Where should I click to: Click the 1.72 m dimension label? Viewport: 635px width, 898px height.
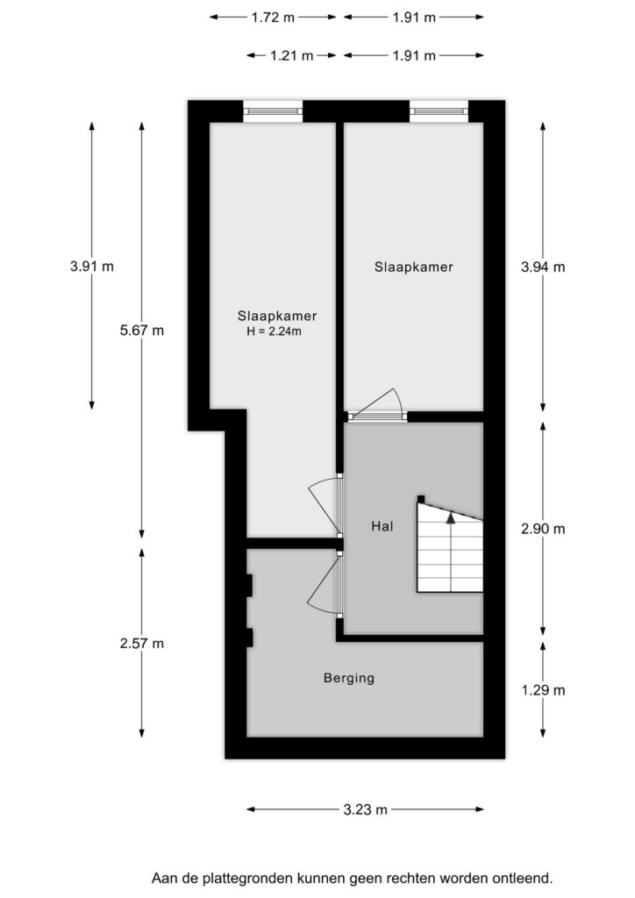click(x=273, y=18)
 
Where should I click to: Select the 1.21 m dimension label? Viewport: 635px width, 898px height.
click(x=292, y=55)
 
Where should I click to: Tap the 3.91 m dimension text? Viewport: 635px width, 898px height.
click(x=92, y=267)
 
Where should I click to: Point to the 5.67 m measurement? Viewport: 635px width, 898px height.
click(x=142, y=331)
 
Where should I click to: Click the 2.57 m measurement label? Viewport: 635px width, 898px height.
click(x=142, y=644)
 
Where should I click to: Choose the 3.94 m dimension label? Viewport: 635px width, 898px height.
click(x=543, y=267)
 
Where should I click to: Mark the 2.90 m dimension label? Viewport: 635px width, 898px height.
click(x=543, y=529)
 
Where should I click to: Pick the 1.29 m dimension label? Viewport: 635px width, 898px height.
click(x=543, y=690)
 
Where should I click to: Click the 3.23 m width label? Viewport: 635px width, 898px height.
click(x=366, y=809)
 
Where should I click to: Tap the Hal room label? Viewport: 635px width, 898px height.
click(x=382, y=526)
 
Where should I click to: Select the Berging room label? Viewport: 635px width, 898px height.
click(x=349, y=678)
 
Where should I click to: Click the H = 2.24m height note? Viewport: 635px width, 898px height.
click(x=275, y=331)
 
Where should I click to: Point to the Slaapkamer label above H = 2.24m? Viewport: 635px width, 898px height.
click(x=277, y=316)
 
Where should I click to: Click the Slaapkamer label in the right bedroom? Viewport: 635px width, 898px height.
click(x=414, y=267)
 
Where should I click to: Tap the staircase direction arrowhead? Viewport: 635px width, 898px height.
click(x=451, y=517)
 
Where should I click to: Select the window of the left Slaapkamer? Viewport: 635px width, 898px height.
click(x=273, y=110)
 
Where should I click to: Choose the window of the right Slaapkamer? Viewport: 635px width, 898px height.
click(x=439, y=110)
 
